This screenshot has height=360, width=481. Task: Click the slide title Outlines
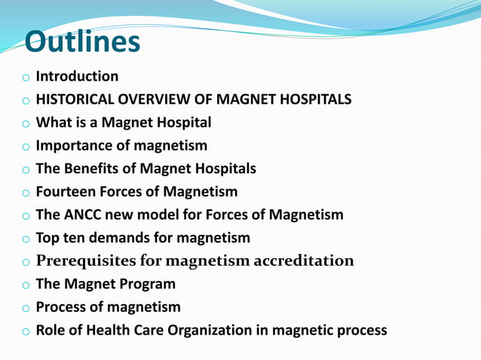click(82, 42)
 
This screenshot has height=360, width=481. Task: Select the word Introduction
click(77, 76)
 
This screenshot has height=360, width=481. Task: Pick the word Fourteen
click(68, 191)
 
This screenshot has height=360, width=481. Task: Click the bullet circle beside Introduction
click(25, 78)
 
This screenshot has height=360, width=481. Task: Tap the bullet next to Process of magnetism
click(25, 308)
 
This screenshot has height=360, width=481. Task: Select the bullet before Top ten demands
click(25, 239)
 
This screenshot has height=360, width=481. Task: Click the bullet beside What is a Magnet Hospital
click(25, 124)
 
